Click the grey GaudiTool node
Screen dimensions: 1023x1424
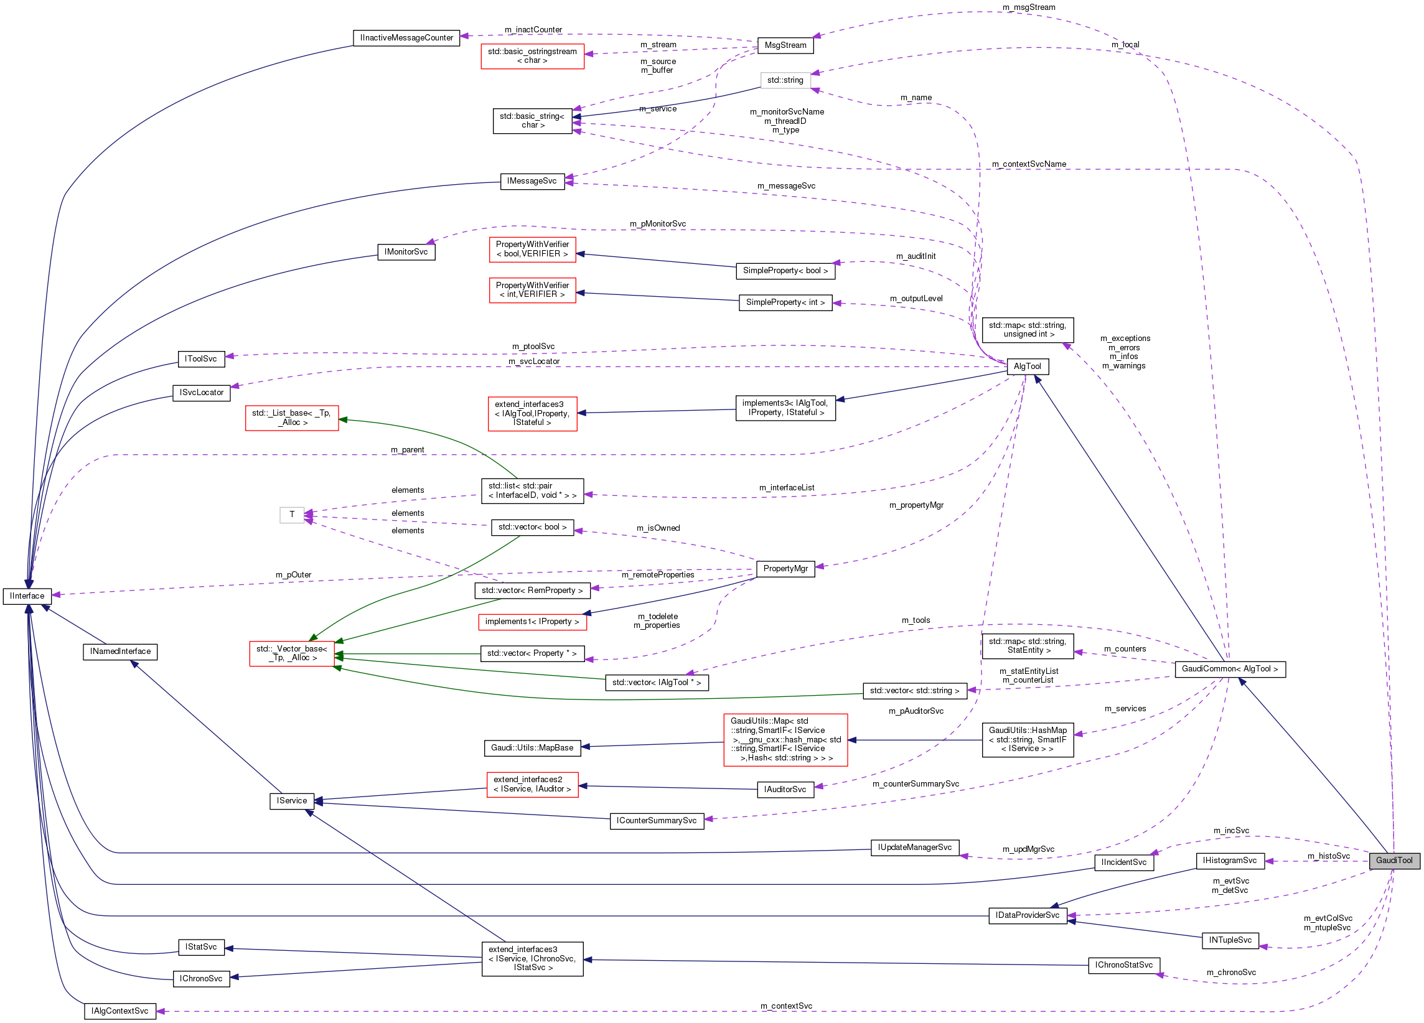[x=1394, y=861]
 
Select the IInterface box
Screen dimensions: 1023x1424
[x=27, y=596]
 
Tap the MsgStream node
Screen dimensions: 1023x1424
[x=785, y=45]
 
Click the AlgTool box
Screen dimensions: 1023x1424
[x=1027, y=367]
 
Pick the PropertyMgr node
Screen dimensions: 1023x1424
[x=785, y=569]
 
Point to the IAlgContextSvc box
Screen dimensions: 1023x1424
[x=120, y=1011]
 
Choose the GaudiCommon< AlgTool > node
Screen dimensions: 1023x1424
[x=1229, y=669]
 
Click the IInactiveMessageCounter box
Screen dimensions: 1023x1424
[x=406, y=38]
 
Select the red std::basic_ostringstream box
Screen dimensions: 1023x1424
[x=532, y=56]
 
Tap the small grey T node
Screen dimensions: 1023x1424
[x=292, y=515]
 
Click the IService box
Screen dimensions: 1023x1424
[x=292, y=801]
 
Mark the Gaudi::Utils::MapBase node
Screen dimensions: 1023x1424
[x=532, y=748]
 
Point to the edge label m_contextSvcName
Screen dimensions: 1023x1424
[x=1028, y=164]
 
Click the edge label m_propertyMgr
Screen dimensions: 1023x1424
[x=916, y=505]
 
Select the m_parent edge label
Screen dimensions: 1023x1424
[x=407, y=450]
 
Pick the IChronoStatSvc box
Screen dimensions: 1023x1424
[x=1124, y=965]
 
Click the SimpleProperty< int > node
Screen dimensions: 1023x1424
[x=785, y=302]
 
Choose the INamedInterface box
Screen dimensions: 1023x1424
[x=120, y=652]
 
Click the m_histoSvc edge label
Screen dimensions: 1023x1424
[x=1329, y=856]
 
